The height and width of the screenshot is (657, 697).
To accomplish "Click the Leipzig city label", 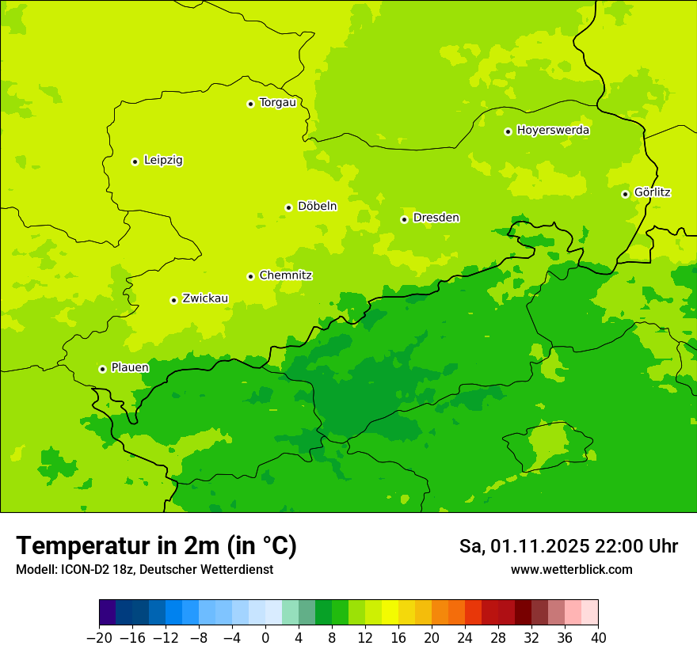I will (x=163, y=160).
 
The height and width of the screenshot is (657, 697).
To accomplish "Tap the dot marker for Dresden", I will (x=404, y=219).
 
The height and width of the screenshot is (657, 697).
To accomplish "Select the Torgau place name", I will (x=277, y=102).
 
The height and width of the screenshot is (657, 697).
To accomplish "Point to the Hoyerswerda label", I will (x=553, y=130).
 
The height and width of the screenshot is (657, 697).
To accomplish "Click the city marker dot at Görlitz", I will (x=625, y=194).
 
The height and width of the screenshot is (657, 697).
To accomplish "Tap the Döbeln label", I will (x=317, y=206).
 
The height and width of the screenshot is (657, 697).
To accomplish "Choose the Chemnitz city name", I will (x=285, y=275).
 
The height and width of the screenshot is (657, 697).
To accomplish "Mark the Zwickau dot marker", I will (x=173, y=300).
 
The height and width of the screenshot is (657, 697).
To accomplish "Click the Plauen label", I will (x=130, y=367).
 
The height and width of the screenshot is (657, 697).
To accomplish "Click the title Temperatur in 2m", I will (x=156, y=545).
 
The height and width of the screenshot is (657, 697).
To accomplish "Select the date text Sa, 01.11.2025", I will (x=523, y=546).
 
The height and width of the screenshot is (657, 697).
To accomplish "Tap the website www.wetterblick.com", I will (x=571, y=569).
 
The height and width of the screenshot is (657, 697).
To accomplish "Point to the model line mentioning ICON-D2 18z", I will (x=144, y=569).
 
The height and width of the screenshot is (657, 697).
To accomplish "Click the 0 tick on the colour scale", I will (x=265, y=638).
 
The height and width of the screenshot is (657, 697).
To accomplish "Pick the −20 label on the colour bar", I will (x=99, y=638).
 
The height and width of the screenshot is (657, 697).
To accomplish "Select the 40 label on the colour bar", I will (x=598, y=638).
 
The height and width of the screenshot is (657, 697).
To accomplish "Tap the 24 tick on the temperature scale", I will (x=465, y=638).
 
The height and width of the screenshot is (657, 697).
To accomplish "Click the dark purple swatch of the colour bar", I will (x=107, y=613).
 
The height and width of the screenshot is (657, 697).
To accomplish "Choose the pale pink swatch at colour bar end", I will (x=590, y=613).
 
